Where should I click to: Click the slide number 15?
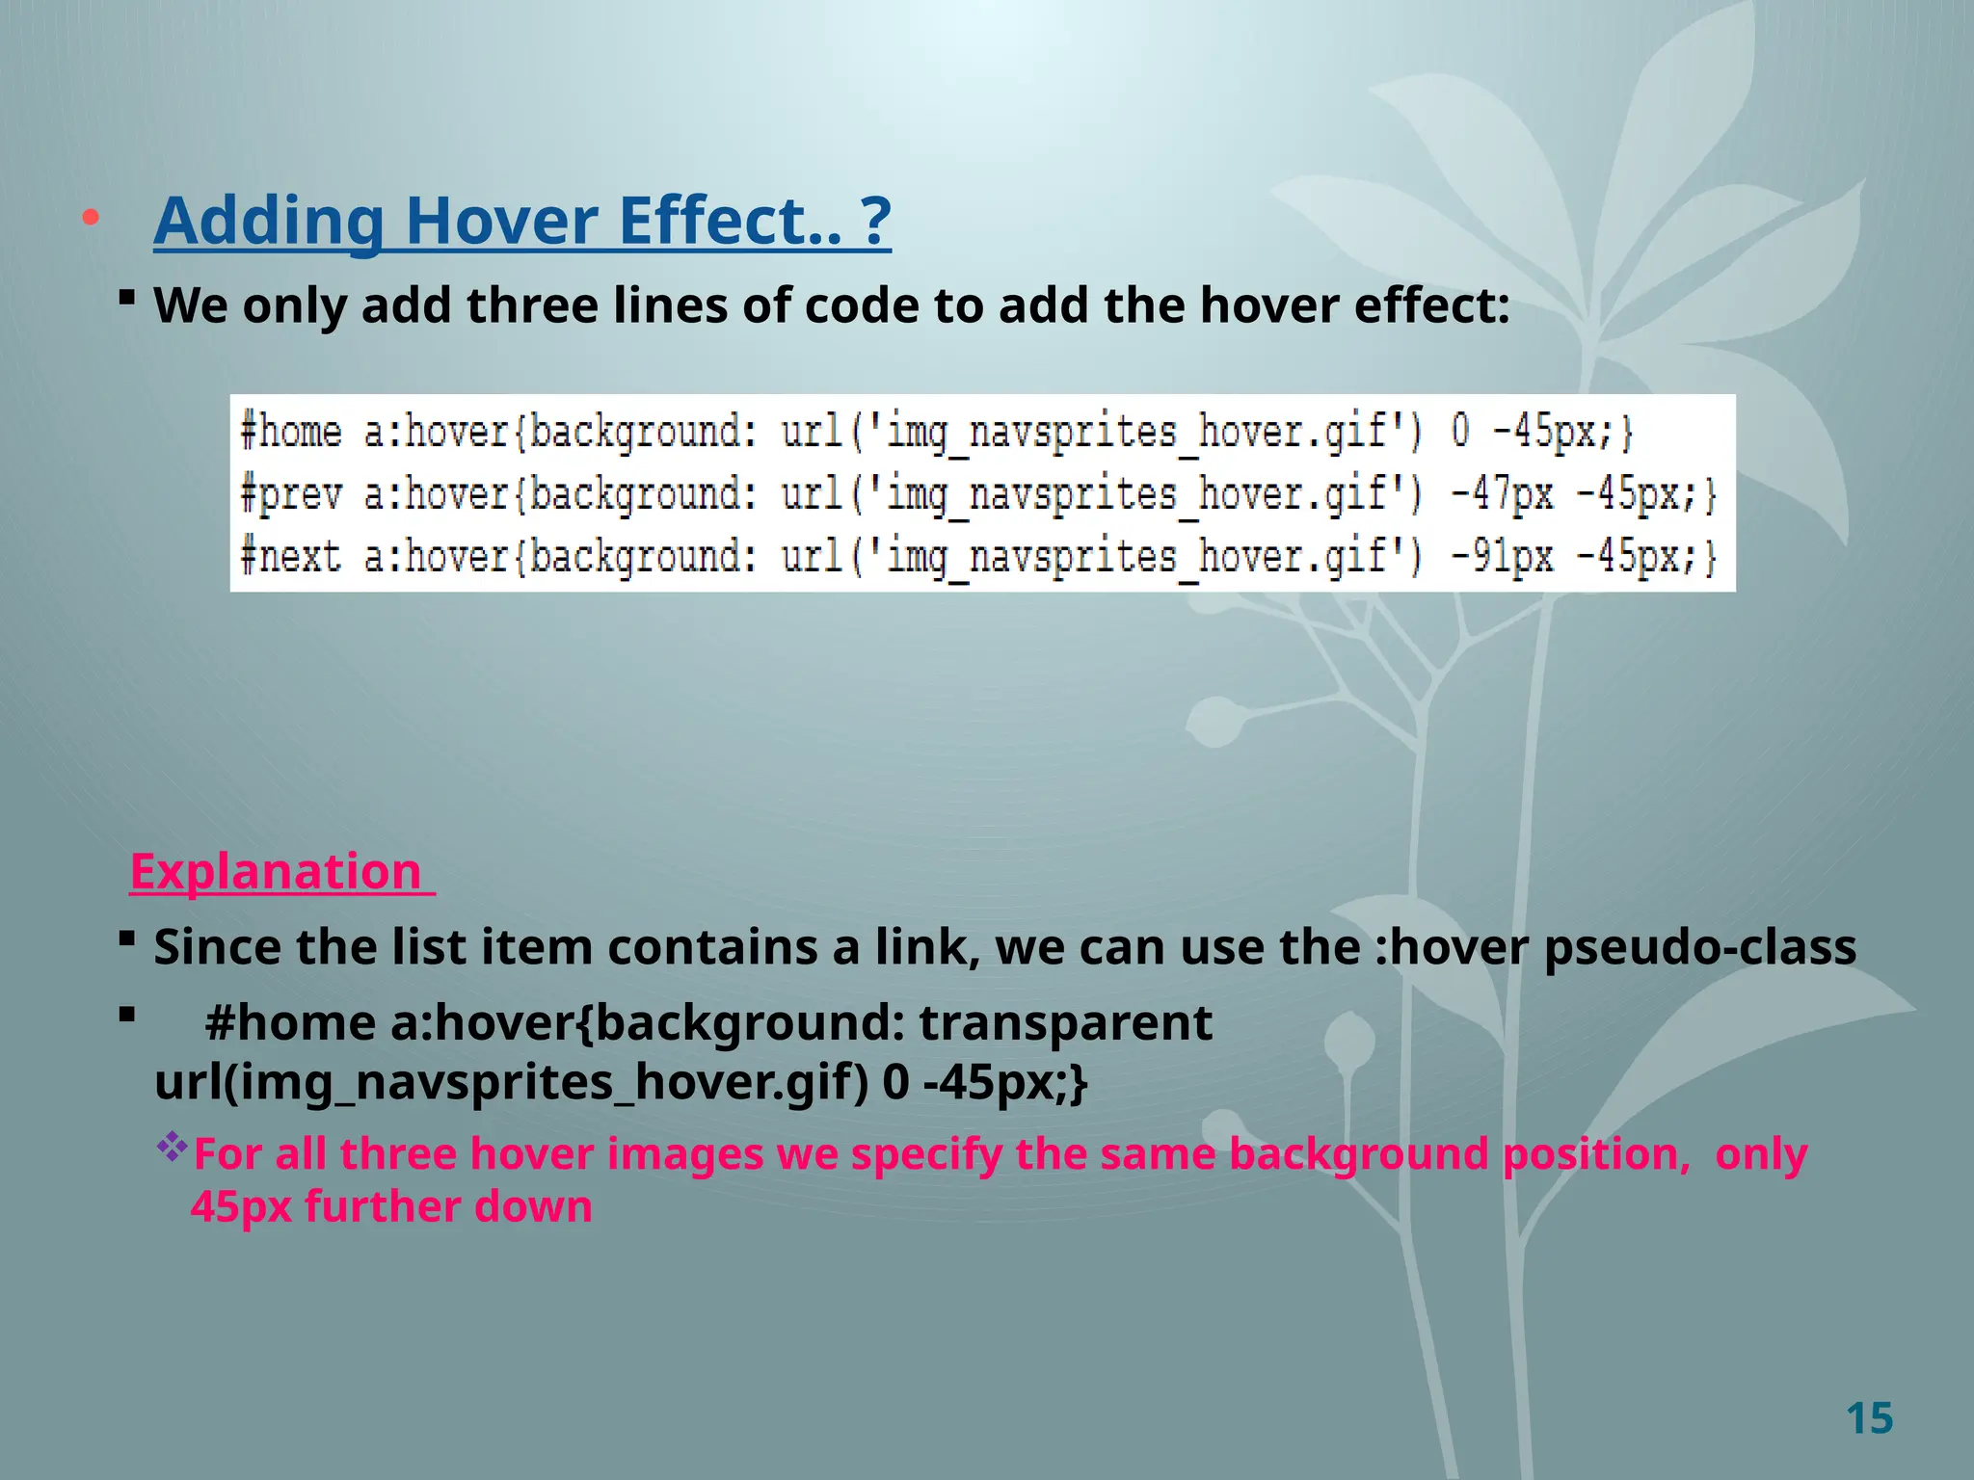tap(1869, 1418)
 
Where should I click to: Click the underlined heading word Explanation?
tap(276, 871)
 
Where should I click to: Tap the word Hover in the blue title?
tap(501, 221)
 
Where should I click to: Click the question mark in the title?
tap(874, 221)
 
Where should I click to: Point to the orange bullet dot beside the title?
tap(91, 218)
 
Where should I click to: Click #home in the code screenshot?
tap(290, 432)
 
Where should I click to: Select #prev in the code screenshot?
tap(290, 494)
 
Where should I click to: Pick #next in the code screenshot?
tap(290, 557)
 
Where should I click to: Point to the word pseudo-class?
tap(1699, 947)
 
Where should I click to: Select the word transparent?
tap(1065, 1023)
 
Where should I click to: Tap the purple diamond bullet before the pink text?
tap(172, 1147)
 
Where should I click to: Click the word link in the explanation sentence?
tap(927, 947)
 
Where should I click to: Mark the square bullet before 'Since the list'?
tap(126, 938)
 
